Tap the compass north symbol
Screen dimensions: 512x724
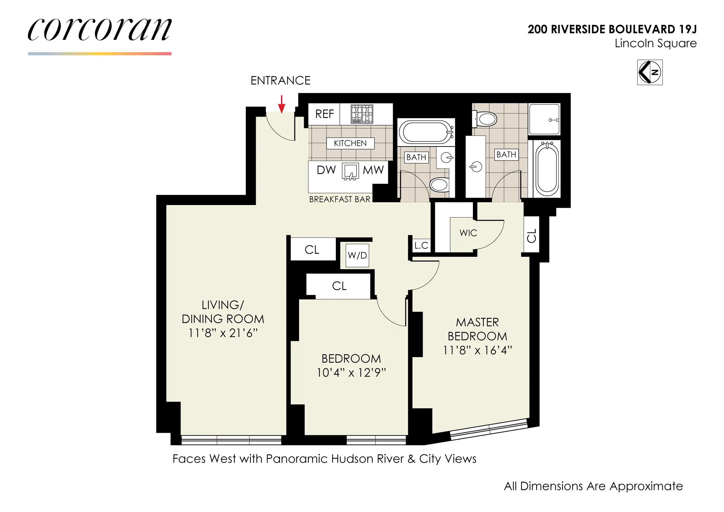[650, 72]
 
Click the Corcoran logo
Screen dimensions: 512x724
[100, 30]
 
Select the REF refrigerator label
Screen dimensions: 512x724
[325, 114]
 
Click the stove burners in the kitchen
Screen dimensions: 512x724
[362, 114]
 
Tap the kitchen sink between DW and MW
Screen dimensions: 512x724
[350, 172]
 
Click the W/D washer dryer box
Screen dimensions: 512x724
[357, 255]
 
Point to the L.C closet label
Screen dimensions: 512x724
[421, 246]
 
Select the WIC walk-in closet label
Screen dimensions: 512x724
[468, 233]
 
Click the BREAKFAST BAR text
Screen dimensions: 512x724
[340, 199]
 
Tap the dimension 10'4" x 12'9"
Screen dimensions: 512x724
[351, 373]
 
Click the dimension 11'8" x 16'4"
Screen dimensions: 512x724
[477, 351]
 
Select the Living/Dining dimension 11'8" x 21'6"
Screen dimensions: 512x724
[223, 333]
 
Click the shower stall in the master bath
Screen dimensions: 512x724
[545, 120]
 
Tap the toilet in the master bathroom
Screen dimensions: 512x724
[486, 119]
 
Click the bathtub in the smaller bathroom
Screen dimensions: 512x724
[426, 132]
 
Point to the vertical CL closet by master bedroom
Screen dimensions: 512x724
[532, 235]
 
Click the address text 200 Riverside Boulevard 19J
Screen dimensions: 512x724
[612, 29]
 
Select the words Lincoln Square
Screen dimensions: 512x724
[655, 44]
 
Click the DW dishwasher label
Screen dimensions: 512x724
[326, 170]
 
